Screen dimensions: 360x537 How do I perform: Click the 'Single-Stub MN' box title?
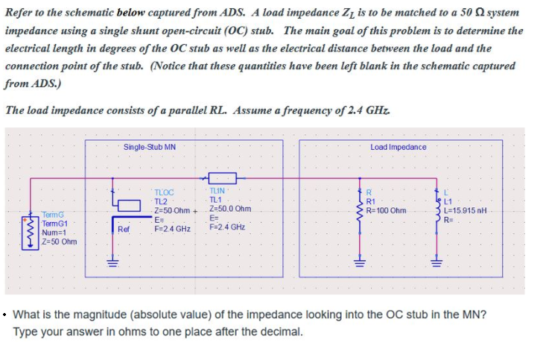click(149, 147)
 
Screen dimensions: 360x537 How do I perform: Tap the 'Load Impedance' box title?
click(398, 147)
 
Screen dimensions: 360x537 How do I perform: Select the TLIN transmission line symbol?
click(223, 178)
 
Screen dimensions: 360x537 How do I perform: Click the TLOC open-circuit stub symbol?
click(128, 204)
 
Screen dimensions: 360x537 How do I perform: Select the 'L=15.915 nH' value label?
click(465, 210)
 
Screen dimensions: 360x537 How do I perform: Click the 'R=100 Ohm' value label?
click(387, 210)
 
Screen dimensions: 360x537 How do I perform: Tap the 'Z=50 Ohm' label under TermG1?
click(59, 241)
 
